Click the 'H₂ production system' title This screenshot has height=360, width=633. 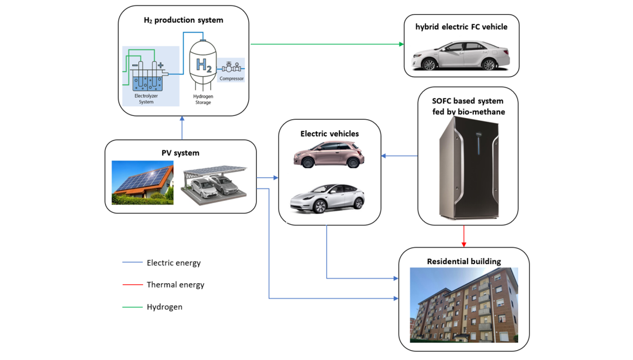tap(183, 20)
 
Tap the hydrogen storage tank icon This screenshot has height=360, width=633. tap(203, 66)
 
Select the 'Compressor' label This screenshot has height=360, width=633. tap(232, 78)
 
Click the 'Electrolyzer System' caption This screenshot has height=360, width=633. tap(146, 99)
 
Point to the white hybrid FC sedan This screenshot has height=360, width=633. tap(461, 56)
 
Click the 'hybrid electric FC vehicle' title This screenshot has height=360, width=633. tap(461, 27)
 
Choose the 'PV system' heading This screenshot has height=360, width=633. tap(180, 153)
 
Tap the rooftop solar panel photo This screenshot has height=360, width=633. tap(143, 182)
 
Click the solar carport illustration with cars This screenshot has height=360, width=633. tap(215, 185)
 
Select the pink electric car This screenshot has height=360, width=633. tap(329, 155)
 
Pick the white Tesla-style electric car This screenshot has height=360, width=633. tap(327, 199)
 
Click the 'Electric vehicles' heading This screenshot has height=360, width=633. tap(329, 133)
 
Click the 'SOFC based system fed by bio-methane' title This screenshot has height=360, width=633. tap(468, 106)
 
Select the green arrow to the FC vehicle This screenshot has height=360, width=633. tap(327, 44)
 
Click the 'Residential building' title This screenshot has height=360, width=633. tap(464, 261)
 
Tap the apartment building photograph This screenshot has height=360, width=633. tap(464, 305)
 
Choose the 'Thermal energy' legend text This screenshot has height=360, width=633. tap(175, 284)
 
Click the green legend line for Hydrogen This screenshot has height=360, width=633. tap(132, 307)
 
